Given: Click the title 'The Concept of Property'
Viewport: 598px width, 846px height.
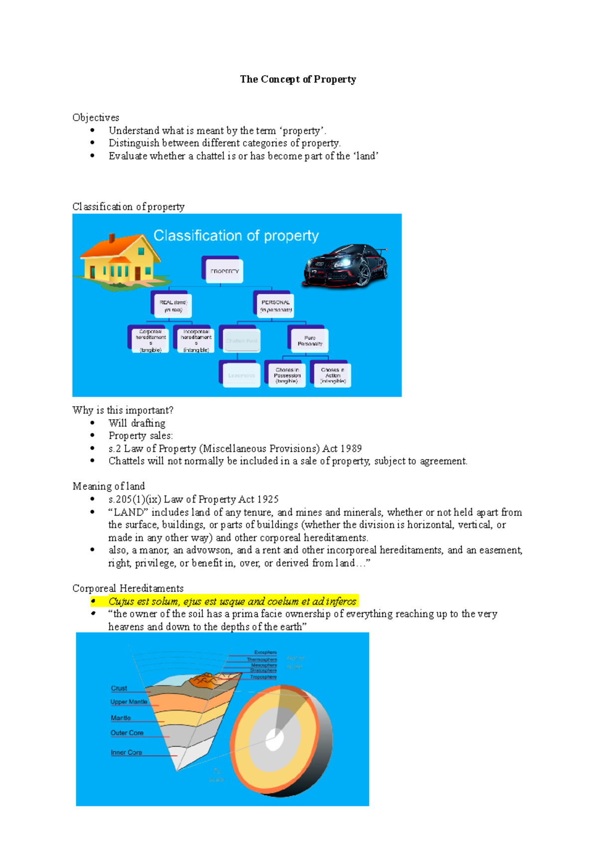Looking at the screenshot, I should click(x=298, y=79).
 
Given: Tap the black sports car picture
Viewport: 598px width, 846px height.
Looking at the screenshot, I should click(x=345, y=265).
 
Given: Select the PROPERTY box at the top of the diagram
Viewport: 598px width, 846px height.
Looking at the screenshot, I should click(x=224, y=271).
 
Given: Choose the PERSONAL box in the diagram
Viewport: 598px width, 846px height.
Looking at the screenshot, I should click(x=276, y=306).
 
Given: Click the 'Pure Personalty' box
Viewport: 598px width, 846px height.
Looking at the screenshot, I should click(x=310, y=340).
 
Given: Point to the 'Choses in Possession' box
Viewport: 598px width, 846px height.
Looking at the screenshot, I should click(x=287, y=375).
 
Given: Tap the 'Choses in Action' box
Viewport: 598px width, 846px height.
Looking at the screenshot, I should click(x=333, y=375).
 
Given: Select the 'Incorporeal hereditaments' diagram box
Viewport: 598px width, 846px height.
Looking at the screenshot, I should click(x=196, y=340).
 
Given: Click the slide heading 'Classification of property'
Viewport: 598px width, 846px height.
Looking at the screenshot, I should click(x=236, y=235).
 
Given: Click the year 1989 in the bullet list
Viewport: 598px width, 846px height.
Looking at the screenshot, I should click(x=351, y=449).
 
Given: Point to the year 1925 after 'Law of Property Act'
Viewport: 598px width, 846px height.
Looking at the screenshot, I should click(x=268, y=500).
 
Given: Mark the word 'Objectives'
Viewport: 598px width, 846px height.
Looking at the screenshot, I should click(x=96, y=118).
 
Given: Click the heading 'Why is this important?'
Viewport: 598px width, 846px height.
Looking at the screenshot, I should click(x=123, y=410).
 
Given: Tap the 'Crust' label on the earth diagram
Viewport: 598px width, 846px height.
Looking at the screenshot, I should click(x=119, y=688).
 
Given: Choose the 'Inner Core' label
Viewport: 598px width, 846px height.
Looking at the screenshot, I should click(x=126, y=752).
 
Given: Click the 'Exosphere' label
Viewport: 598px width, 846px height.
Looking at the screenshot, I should click(x=265, y=652).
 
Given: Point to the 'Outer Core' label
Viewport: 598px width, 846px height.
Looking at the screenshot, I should click(x=127, y=733).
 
